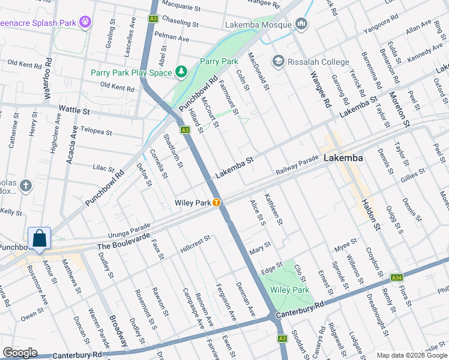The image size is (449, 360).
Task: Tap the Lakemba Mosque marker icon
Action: (301, 25)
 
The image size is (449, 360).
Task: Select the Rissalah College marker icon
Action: (278, 61)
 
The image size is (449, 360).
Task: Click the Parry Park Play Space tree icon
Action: (181, 73)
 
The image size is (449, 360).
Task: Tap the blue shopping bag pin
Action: (39, 238)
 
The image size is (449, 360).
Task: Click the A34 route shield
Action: (396, 278)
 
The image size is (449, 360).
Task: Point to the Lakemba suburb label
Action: (343, 158)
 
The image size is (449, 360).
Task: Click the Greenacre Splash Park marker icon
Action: (86, 22)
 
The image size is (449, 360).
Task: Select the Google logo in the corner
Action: (20, 353)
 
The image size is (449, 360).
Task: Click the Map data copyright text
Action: (412, 355)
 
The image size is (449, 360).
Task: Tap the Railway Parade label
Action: (297, 165)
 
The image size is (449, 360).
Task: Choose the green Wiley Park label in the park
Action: (289, 290)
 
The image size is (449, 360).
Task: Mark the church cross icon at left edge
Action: (25, 186)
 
